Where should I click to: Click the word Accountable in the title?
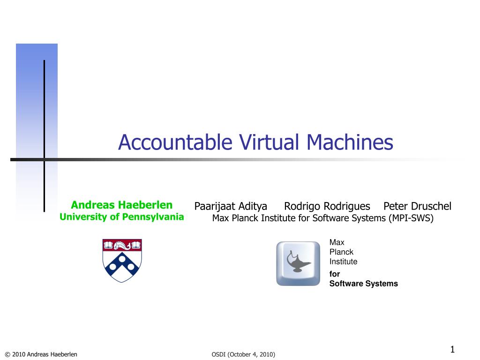175,142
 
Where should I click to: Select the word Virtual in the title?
269,142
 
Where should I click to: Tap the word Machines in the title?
350,142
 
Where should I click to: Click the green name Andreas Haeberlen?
122,205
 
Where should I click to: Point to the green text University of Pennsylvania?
122,217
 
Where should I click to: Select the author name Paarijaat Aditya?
231,206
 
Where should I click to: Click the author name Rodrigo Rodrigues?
327,206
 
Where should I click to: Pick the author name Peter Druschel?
417,206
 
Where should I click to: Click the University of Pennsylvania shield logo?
122,261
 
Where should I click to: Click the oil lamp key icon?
298,263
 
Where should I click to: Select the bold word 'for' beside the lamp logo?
335,274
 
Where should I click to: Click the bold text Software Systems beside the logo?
364,284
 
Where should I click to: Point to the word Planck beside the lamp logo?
341,252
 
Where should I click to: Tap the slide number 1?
452,349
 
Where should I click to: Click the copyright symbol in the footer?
7,354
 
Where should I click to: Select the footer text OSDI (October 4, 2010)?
243,354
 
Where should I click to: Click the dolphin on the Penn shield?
122,246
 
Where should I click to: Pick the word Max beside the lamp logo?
337,242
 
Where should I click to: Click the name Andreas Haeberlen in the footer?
52,354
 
